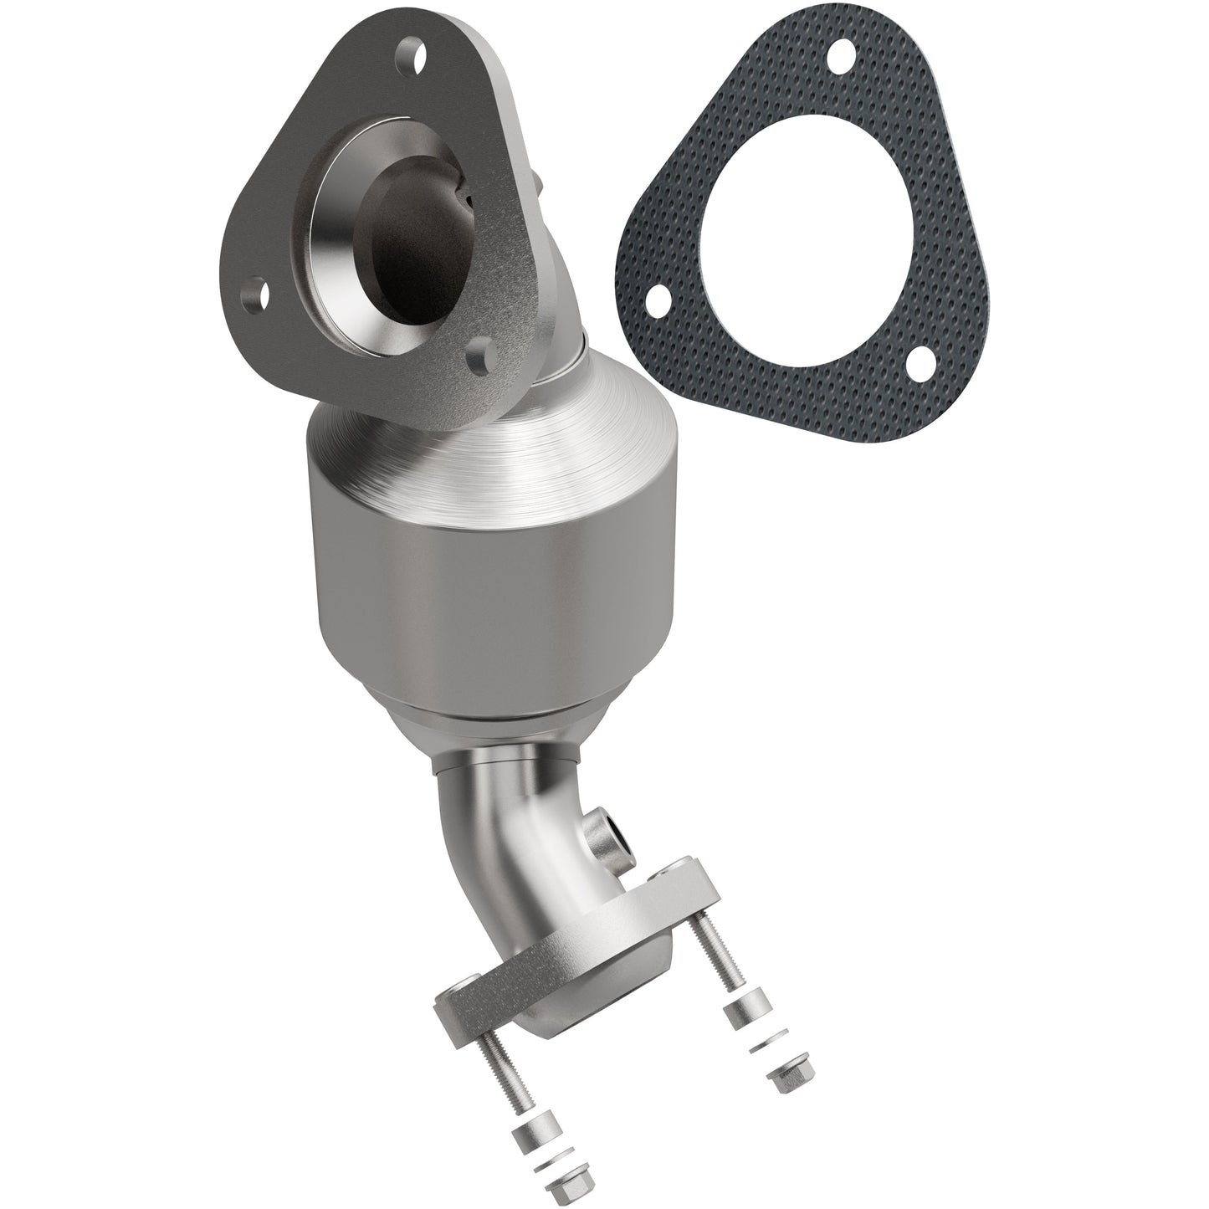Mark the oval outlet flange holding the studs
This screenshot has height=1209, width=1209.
click(577, 945)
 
